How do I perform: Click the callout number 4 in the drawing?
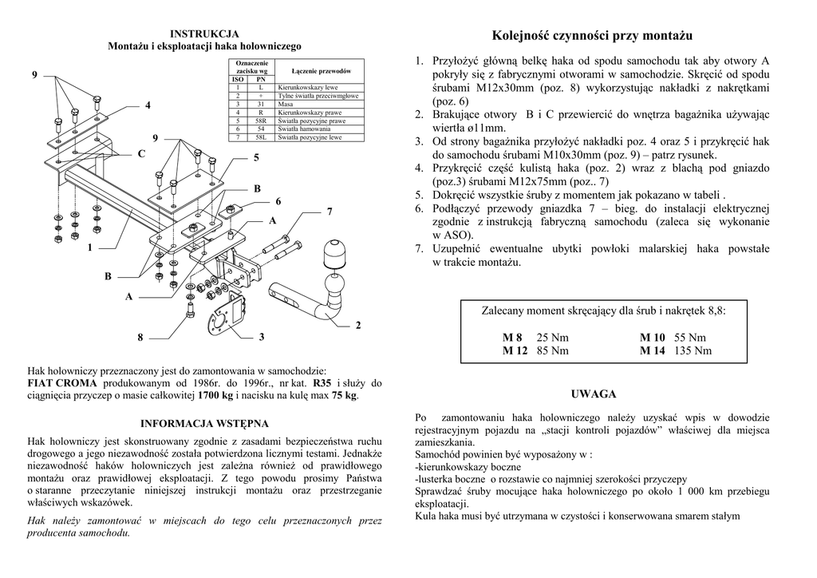[148, 105]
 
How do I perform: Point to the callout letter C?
[141, 153]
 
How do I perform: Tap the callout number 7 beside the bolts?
[329, 211]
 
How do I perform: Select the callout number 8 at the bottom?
[140, 338]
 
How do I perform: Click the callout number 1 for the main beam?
[90, 248]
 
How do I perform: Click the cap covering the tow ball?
[334, 255]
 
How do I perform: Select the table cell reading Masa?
[286, 104]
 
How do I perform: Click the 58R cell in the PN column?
[261, 121]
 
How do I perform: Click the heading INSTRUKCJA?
[203, 34]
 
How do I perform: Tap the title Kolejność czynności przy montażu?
[592, 36]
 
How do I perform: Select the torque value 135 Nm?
[693, 350]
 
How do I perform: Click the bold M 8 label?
[511, 338]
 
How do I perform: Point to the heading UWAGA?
[594, 394]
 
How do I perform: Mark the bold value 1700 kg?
[215, 395]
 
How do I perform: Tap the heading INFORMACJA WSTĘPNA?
[204, 423]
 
